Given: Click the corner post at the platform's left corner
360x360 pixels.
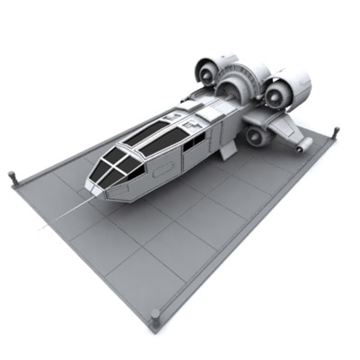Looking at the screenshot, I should click(12, 177).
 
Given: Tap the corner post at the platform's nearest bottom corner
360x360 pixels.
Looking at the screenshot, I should click(155, 316).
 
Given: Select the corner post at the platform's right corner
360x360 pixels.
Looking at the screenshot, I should click(336, 131).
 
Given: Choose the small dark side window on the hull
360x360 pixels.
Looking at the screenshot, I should click(194, 142).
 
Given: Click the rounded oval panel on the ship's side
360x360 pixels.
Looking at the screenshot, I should click(163, 169).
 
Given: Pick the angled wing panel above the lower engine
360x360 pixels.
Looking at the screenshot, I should click(283, 128).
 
